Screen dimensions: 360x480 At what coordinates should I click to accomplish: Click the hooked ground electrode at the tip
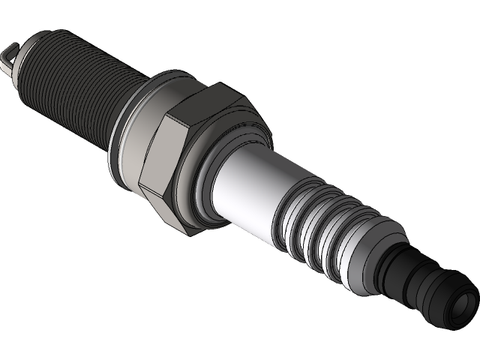point(9,54)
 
